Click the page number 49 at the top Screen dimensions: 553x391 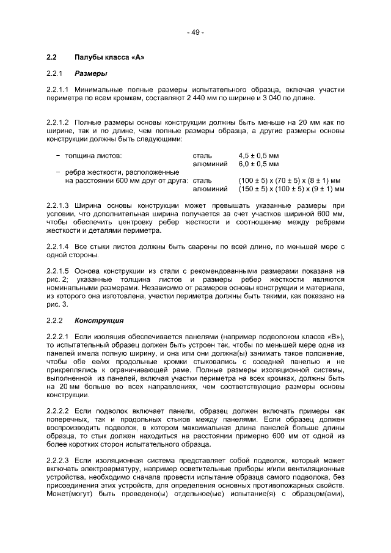coord(195,32)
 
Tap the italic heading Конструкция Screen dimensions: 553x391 coord(99,320)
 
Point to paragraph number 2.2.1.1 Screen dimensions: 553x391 coord(58,89)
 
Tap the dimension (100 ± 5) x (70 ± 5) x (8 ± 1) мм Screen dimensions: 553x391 coord(289,181)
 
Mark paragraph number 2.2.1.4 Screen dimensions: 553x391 coord(58,246)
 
